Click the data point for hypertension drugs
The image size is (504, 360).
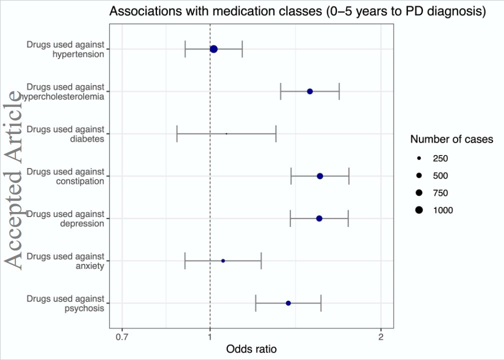point(213,49)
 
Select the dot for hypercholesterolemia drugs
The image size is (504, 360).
point(310,91)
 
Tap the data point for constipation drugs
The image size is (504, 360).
point(320,176)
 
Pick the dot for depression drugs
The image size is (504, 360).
point(319,218)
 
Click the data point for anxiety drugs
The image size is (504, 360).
point(223,261)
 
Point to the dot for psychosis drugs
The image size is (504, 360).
point(288,303)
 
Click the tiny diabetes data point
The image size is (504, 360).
point(226,134)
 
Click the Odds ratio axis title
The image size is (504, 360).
point(251,348)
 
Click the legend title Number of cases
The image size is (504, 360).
point(451,139)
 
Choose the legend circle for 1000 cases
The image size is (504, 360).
point(419,210)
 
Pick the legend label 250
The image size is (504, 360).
point(440,159)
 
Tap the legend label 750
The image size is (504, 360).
point(440,193)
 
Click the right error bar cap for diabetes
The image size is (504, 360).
point(276,134)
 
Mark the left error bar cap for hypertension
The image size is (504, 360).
point(185,49)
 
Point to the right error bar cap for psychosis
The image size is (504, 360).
point(321,303)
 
